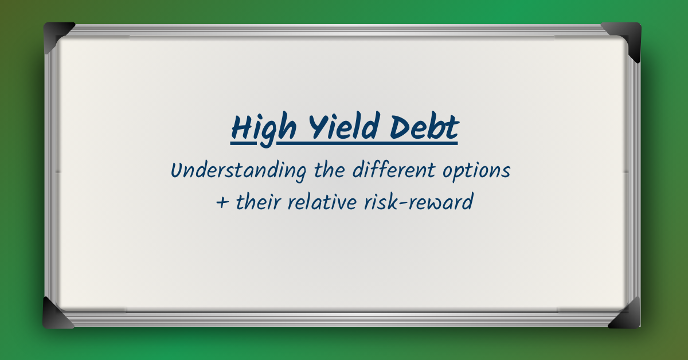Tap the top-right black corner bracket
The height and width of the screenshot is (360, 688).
[x=625, y=38]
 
